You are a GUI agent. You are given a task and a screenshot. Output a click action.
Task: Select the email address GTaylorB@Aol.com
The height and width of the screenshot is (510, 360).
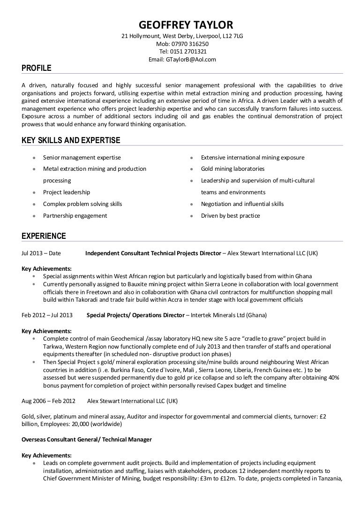[x=191, y=60]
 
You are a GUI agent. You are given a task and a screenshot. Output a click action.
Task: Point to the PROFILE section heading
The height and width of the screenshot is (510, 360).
[x=37, y=69]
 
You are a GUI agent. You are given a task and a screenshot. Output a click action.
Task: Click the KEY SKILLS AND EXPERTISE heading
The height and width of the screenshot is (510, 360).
[x=71, y=140]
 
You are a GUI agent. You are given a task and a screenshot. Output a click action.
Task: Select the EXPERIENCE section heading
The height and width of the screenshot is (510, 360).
[x=44, y=236]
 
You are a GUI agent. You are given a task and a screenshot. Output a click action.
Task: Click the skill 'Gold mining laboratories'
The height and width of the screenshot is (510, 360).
[x=232, y=169]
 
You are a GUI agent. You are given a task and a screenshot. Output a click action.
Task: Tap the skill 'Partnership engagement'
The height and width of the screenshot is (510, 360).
[x=75, y=216]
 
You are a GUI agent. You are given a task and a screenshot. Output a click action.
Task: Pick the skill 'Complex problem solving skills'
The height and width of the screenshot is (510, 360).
[x=82, y=204]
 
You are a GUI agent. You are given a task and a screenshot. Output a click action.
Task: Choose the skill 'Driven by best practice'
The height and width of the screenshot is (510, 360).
[x=230, y=216]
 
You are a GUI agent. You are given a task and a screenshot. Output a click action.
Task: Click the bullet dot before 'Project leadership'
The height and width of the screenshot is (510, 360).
[x=33, y=192]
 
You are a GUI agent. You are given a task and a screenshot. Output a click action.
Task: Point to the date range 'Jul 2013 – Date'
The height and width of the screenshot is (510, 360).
[x=41, y=253]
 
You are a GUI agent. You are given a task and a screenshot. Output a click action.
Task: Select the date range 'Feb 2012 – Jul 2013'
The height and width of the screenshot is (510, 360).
[x=47, y=315]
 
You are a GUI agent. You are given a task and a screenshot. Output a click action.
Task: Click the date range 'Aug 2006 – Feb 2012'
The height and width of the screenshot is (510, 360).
[x=48, y=401]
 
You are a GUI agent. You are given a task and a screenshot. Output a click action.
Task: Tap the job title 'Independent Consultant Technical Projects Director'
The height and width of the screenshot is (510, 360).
[x=153, y=253]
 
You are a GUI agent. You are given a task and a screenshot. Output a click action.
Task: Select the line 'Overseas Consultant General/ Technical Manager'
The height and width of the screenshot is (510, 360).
[x=87, y=440]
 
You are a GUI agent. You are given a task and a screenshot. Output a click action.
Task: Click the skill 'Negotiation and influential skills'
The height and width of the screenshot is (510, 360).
[x=242, y=204]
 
